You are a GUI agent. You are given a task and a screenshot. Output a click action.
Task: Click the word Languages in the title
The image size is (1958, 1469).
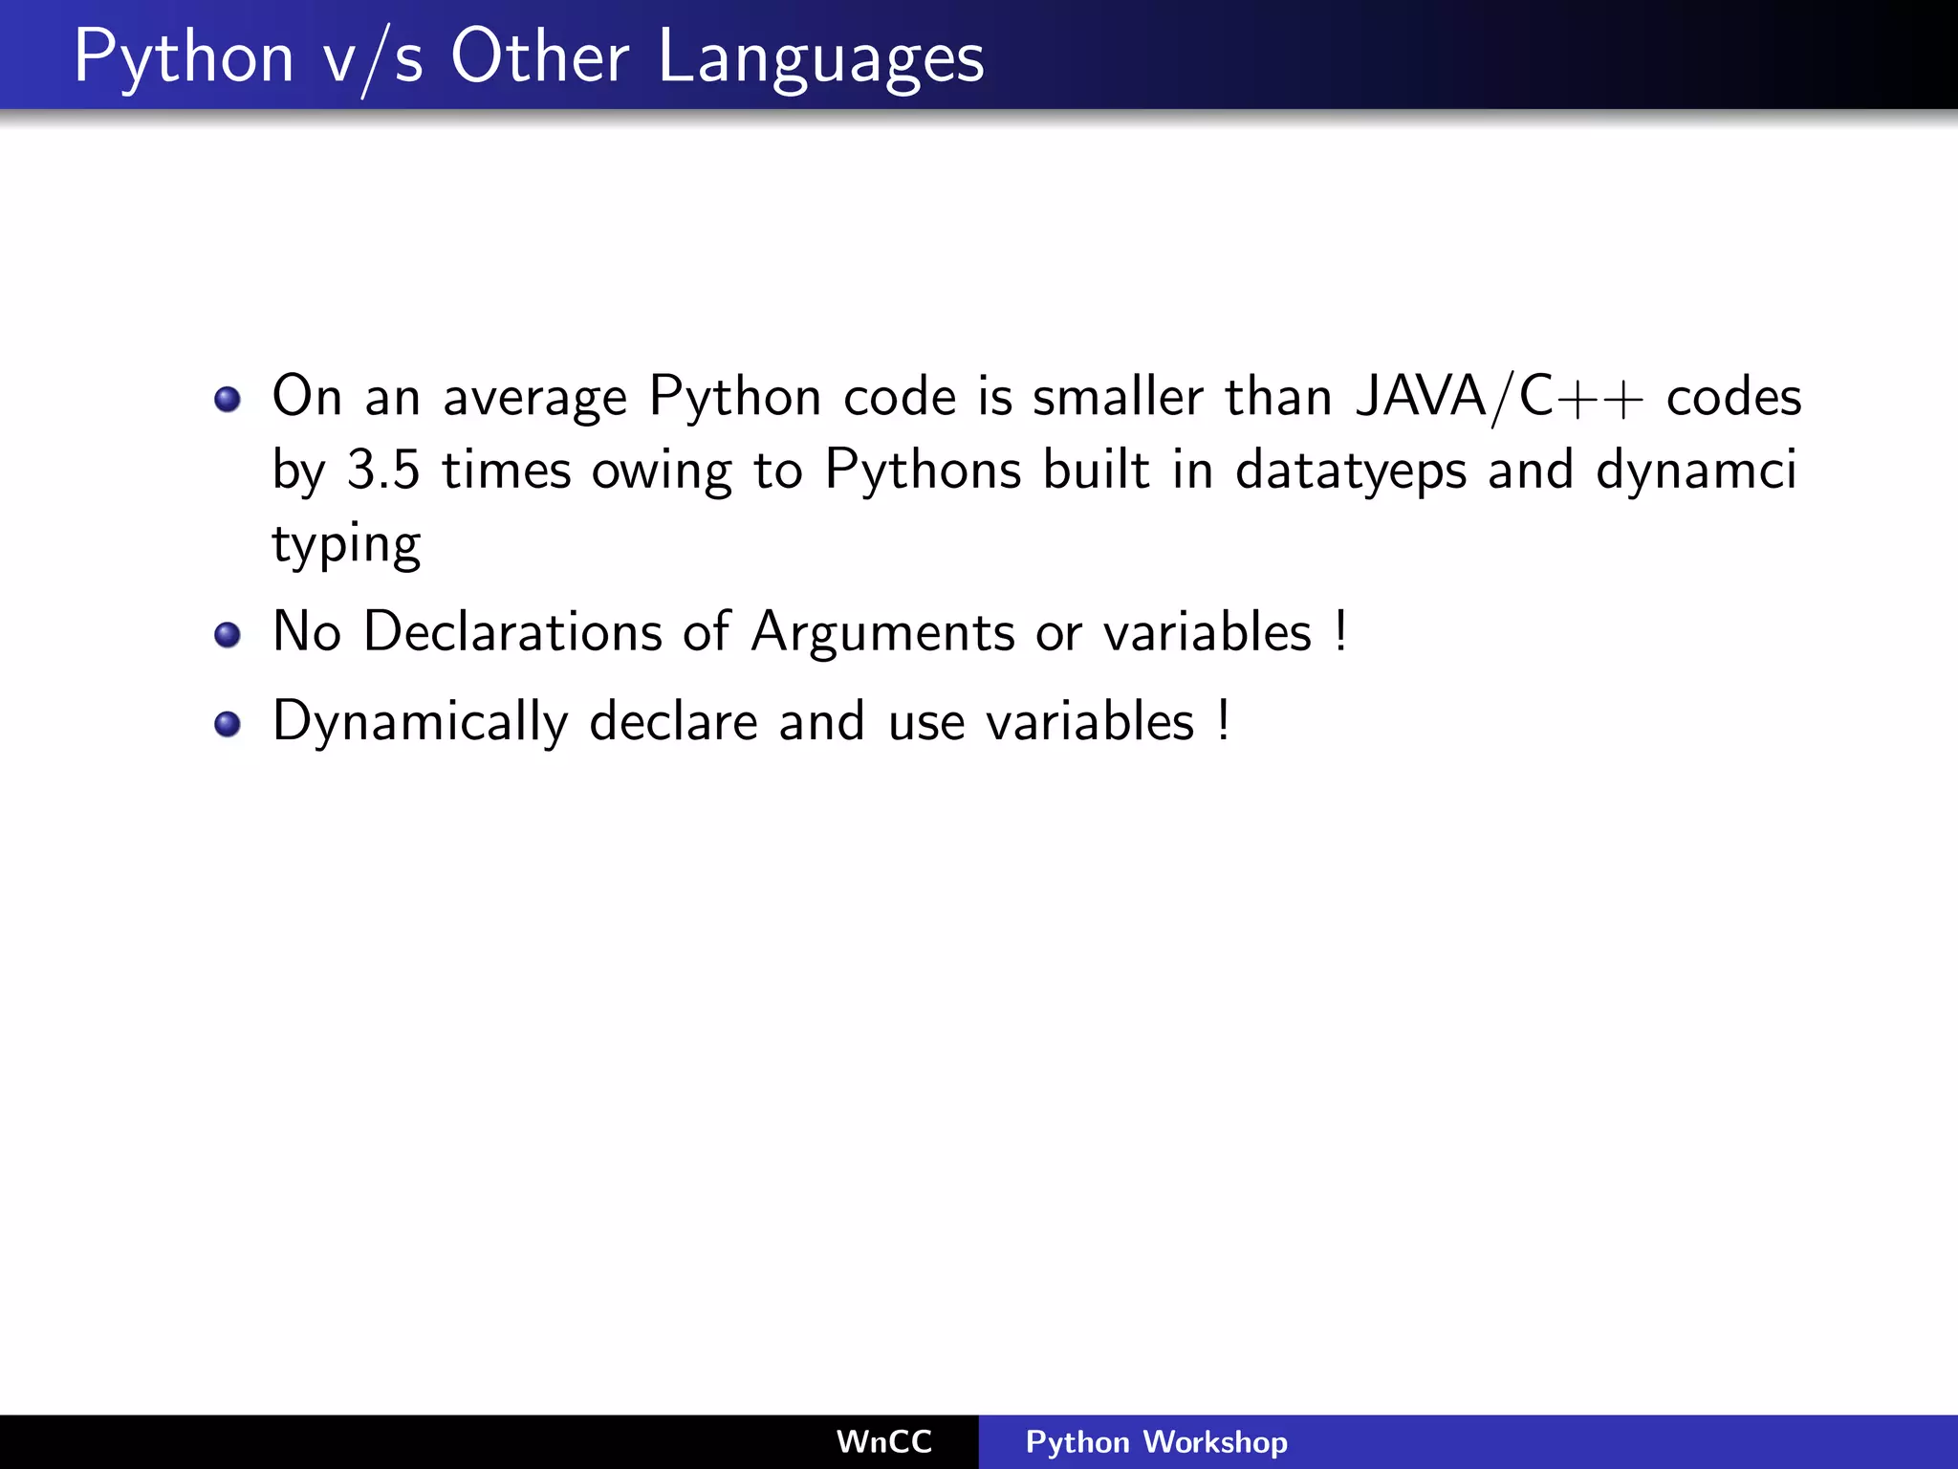[x=820, y=57]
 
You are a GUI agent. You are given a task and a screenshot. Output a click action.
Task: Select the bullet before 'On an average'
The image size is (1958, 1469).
[x=228, y=399]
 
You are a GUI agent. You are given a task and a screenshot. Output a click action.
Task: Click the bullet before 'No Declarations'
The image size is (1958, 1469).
[x=228, y=634]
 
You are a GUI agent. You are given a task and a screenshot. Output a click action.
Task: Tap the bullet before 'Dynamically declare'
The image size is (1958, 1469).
[x=228, y=724]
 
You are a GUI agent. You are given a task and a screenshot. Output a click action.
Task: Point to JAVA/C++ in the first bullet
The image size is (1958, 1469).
[x=1499, y=396]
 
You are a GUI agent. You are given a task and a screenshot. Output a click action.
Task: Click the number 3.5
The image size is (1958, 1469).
[x=382, y=470]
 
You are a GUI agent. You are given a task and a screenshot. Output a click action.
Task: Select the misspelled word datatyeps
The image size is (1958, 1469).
[x=1350, y=471]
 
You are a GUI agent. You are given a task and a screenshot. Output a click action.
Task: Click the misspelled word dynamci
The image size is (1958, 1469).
[x=1696, y=471]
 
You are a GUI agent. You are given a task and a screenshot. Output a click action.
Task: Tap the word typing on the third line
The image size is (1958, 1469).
[x=346, y=545]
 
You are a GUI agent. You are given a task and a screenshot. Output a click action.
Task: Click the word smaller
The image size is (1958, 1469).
[x=1117, y=396]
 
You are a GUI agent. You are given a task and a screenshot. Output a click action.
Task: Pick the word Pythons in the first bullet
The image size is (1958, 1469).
[x=923, y=471]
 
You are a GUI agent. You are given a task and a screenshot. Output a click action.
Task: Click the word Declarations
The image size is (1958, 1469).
[x=512, y=632]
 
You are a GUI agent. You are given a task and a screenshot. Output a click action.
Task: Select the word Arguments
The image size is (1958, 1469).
[x=881, y=632]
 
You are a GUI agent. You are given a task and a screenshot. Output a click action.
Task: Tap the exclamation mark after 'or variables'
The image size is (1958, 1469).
[x=1341, y=630]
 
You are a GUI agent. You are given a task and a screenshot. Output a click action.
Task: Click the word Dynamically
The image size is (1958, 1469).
[x=420, y=722]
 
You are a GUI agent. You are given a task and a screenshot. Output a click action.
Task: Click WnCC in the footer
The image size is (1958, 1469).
[x=883, y=1441]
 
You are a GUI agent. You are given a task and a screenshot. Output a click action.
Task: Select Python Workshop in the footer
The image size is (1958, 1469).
[x=1156, y=1441]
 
